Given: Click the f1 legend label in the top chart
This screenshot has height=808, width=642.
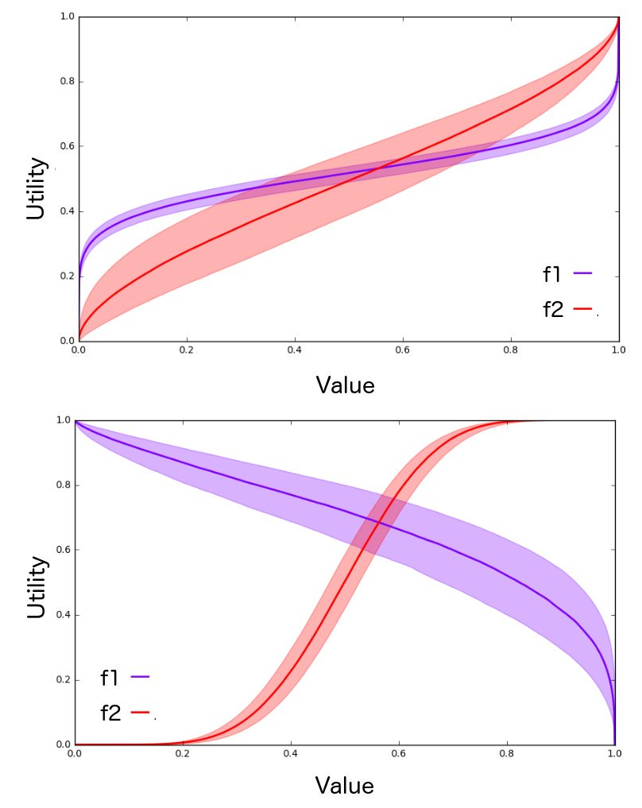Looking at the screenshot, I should click(552, 274).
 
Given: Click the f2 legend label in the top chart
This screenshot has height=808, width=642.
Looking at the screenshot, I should click(553, 310).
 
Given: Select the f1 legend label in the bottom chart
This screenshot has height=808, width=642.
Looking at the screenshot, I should click(110, 678).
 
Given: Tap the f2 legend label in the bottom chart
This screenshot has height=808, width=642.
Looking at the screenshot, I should click(110, 713).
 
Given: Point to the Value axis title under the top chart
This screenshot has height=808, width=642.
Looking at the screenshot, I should click(345, 385).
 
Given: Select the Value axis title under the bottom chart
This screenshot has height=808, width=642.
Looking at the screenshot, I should click(344, 786).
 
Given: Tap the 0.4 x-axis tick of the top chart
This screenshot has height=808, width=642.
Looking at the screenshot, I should click(295, 350).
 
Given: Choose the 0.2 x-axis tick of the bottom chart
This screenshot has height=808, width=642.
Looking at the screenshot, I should click(183, 753).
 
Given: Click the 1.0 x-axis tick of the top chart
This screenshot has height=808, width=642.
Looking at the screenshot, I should click(618, 350).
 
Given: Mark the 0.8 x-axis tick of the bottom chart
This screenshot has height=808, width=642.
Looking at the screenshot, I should click(506, 753).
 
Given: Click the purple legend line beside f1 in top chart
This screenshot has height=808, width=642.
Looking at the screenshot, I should click(582, 273).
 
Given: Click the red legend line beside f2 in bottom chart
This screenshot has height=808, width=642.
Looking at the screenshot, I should click(141, 713).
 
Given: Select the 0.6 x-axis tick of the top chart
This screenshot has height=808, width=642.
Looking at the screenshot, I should click(403, 350).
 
